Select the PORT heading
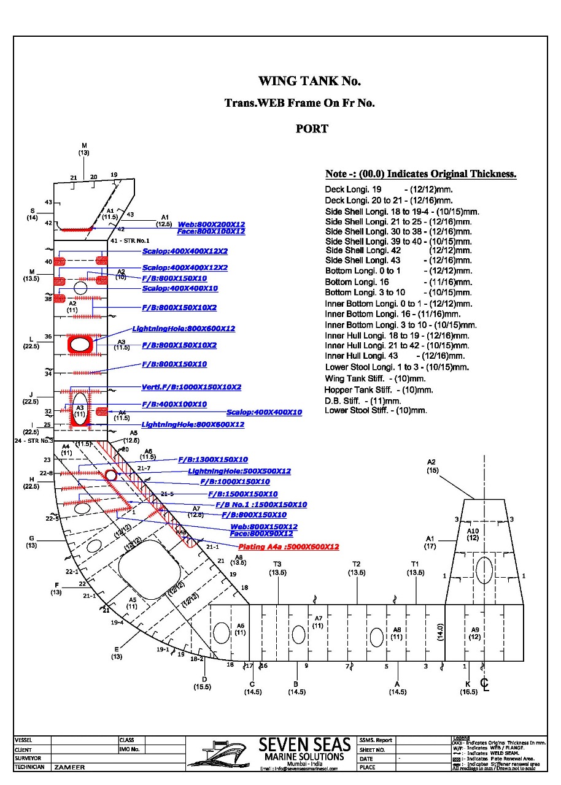tap(312, 129)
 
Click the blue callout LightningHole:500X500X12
tap(239, 471)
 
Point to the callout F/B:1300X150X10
tap(213, 459)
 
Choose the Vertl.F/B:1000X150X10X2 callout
tap(191, 387)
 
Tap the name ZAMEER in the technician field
tap(69, 767)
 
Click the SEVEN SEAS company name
tap(304, 745)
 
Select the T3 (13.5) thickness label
tap(277, 569)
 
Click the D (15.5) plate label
tap(203, 683)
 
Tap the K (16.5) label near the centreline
tap(468, 687)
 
